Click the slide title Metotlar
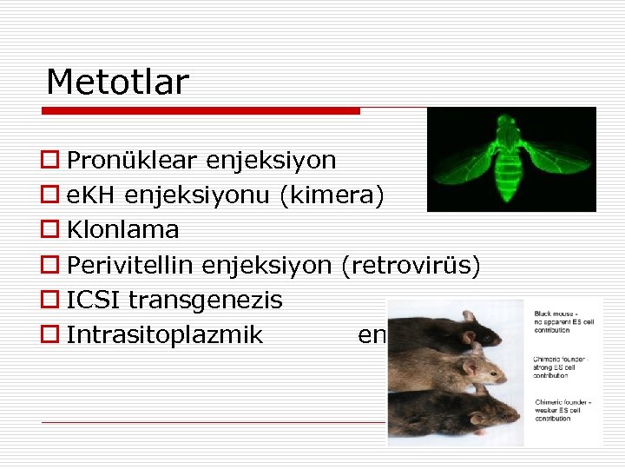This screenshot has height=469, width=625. coord(117,83)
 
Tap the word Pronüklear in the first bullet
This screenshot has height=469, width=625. coord(133,161)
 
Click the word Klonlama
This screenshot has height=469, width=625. coord(122,230)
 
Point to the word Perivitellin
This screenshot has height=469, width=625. coord(131,265)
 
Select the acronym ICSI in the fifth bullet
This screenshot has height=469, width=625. coord(94,301)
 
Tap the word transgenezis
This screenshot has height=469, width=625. coord(206,301)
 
